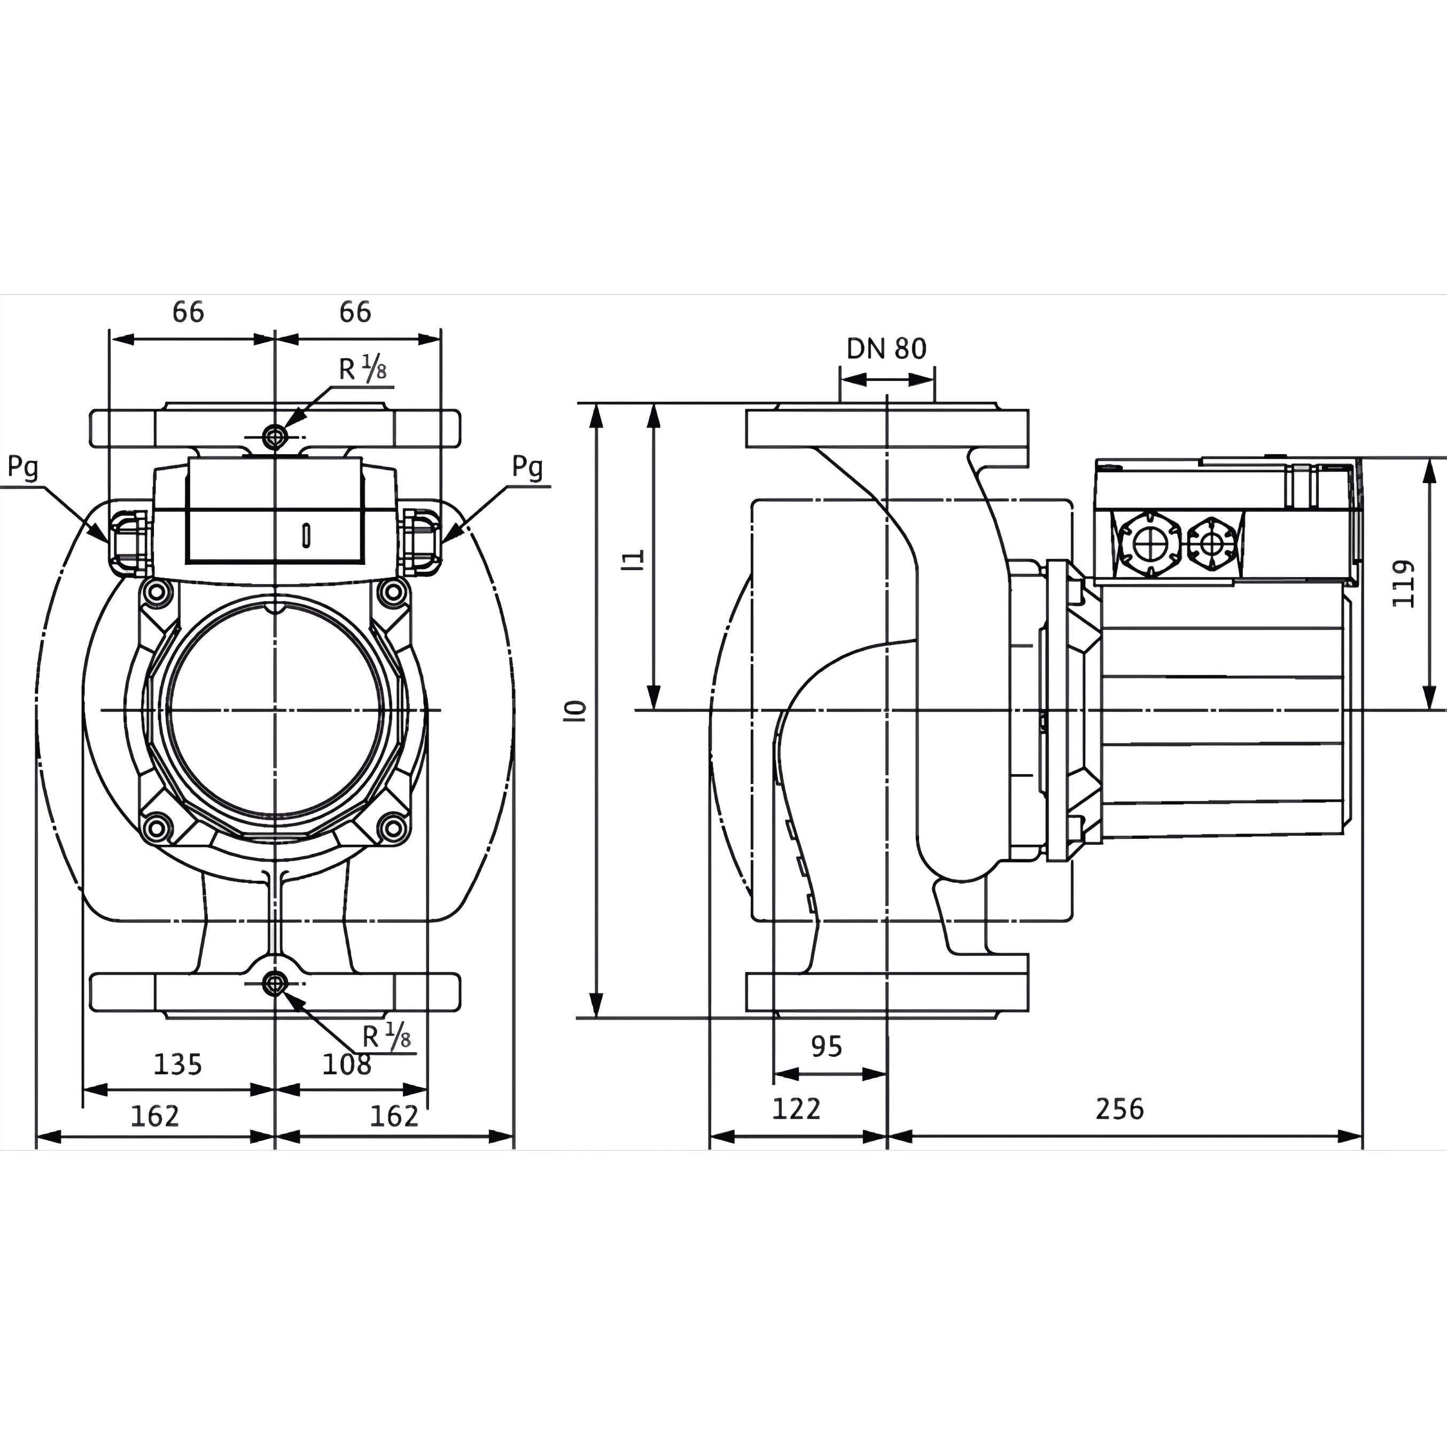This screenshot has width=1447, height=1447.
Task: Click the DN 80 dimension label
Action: [x=886, y=348]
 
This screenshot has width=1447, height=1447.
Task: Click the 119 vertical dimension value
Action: [x=1403, y=584]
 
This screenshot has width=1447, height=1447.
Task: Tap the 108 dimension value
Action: [x=347, y=1064]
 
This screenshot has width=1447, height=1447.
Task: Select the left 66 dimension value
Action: [x=188, y=312]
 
